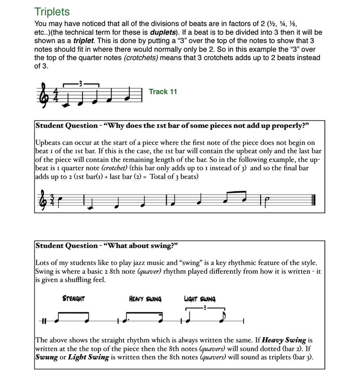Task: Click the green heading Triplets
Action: pyautogui.click(x=52, y=11)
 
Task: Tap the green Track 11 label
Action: pyautogui.click(x=163, y=92)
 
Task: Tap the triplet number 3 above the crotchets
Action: pyautogui.click(x=81, y=83)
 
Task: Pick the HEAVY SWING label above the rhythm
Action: pyautogui.click(x=145, y=299)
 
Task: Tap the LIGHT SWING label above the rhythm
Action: pyautogui.click(x=199, y=299)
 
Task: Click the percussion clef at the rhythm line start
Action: pyautogui.click(x=44, y=321)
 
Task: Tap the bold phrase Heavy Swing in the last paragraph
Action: pyautogui.click(x=284, y=340)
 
